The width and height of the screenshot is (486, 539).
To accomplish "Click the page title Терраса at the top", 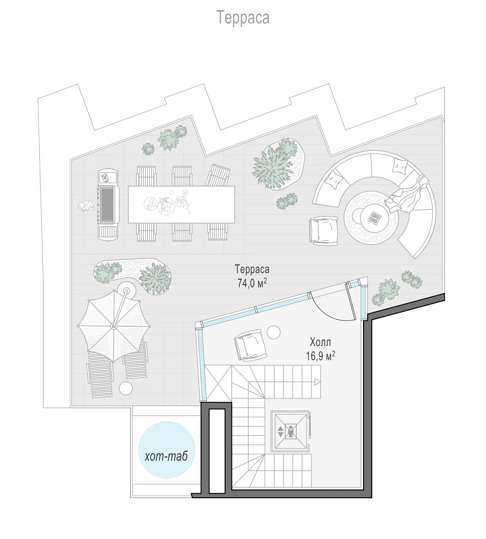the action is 243,17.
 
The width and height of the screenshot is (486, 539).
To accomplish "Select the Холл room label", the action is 320,342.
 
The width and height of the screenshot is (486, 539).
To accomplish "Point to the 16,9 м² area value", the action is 320,356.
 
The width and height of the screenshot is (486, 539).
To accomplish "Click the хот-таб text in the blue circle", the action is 166,456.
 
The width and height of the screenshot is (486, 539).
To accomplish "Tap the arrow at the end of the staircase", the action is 317,382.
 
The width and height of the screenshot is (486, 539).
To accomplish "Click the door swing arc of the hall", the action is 332,313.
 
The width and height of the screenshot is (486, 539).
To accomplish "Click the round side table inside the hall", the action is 273,332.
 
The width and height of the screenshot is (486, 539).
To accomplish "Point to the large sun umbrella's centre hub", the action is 114,326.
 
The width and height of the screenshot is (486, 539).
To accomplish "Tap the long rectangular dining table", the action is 181,204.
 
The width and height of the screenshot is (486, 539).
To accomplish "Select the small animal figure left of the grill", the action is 86,207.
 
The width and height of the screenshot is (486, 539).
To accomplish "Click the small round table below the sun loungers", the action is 126,388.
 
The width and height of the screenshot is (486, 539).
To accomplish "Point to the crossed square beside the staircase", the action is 218,383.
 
